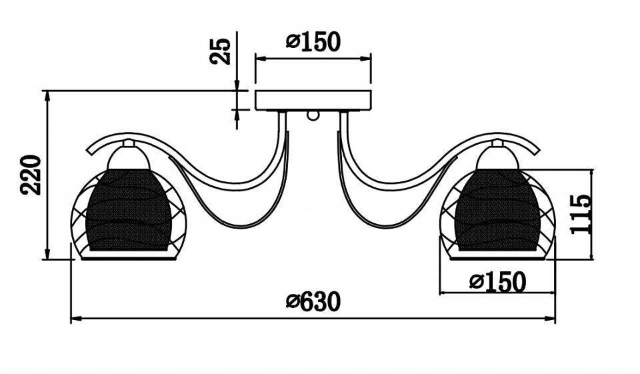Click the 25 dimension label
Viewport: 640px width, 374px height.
coord(220,51)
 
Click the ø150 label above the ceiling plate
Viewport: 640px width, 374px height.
coord(313,41)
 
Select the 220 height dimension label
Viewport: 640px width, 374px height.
coord(31,175)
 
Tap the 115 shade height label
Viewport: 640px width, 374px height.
coord(581,214)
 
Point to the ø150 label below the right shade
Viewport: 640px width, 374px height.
coord(497,282)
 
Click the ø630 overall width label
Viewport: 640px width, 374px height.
coord(313,302)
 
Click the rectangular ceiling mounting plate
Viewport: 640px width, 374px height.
coord(313,100)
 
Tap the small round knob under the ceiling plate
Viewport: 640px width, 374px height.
coord(313,116)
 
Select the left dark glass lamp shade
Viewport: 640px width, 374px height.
coord(129,209)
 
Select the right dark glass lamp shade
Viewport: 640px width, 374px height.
coord(497,209)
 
